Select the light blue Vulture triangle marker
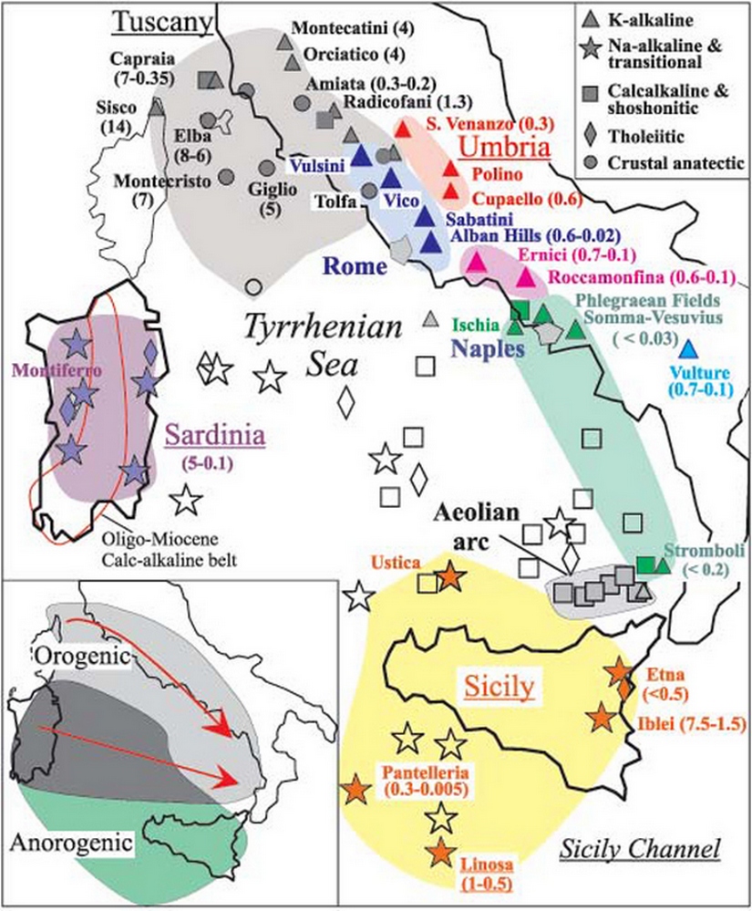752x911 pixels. click(690, 348)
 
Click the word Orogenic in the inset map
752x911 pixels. click(72, 655)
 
